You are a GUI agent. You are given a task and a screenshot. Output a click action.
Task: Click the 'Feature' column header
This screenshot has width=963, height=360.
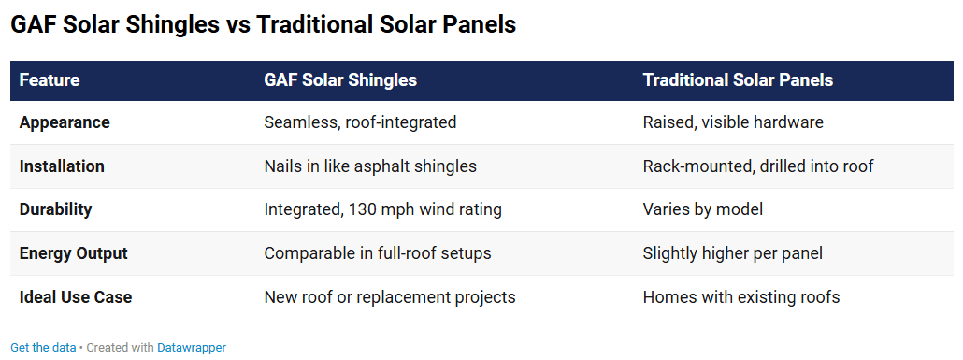coord(50,80)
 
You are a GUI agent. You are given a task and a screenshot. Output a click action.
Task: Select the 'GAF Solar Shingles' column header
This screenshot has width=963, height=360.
coord(340,80)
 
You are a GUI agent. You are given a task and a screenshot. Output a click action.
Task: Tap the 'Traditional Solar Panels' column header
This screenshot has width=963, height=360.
coord(738,80)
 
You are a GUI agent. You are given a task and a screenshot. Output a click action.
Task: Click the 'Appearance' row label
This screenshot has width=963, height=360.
coord(65,122)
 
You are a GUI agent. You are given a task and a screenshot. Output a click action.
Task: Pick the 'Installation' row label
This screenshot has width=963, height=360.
coord(62,166)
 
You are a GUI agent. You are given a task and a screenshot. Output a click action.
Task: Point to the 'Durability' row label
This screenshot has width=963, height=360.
coord(56,209)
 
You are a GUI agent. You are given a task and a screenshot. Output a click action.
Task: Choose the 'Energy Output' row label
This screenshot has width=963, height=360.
coord(74,253)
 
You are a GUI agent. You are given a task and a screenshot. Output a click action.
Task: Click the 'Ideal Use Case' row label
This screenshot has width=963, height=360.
coord(76,297)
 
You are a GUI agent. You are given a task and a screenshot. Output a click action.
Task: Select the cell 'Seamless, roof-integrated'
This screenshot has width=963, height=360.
coord(360,122)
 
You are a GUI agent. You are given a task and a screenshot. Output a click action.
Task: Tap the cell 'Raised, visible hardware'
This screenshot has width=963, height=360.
coord(733,122)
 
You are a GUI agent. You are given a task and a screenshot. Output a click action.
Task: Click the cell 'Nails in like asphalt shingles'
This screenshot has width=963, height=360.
coord(370,166)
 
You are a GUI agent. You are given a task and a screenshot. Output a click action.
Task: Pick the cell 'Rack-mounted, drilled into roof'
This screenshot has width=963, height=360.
coord(758,166)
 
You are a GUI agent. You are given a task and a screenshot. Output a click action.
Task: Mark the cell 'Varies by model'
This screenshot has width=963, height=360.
coord(702,209)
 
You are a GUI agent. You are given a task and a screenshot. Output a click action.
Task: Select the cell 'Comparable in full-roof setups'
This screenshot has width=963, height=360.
coord(378,253)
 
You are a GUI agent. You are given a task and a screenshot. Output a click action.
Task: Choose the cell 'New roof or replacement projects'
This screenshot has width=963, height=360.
coord(390,297)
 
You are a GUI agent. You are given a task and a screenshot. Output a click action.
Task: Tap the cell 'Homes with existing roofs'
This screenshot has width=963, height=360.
coord(741,297)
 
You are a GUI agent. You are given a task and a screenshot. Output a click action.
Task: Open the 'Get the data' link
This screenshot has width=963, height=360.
coord(43,347)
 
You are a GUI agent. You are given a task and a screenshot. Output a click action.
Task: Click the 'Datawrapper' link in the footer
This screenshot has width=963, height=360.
coord(192,347)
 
